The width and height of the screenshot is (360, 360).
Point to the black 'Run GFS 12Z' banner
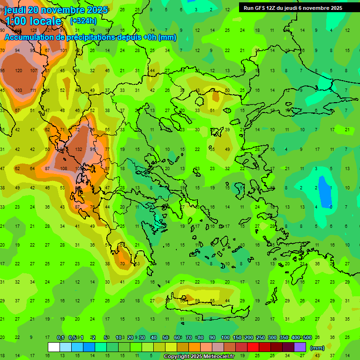click(x=293, y=8)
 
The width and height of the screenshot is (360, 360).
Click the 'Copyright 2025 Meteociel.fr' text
click(x=200, y=357)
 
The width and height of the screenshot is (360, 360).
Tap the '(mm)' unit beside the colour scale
click(x=317, y=348)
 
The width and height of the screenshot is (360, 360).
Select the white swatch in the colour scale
click(x=54, y=347)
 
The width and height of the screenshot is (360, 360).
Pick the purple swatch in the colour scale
click(x=300, y=347)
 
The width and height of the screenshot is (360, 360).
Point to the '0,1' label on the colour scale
click(x=60, y=338)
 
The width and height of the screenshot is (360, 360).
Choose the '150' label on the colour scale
click(x=237, y=338)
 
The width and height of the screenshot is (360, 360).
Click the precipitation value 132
click(x=78, y=149)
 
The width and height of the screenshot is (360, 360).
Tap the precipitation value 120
click(x=19, y=71)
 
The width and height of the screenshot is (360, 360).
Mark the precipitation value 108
click(x=64, y=168)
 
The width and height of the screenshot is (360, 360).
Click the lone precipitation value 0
click(x=331, y=207)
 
